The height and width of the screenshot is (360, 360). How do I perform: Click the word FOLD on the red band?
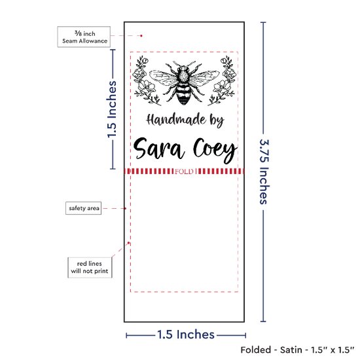[x=184, y=171]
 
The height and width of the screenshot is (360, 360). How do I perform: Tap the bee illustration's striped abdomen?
[x=183, y=95]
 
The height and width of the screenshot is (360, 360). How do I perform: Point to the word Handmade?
[x=176, y=120]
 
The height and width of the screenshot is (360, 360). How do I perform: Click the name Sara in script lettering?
[x=159, y=149]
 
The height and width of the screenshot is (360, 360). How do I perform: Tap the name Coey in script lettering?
[x=215, y=151]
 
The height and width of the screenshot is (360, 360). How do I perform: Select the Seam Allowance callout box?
[x=84, y=37]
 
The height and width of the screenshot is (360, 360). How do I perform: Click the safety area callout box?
[x=84, y=208]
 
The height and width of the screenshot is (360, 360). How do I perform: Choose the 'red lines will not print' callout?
[x=90, y=268]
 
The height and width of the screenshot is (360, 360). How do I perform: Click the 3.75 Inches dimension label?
[x=264, y=171]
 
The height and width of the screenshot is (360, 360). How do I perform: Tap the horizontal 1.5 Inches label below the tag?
[x=186, y=334]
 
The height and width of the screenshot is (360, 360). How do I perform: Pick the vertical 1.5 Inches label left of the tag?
[x=112, y=109]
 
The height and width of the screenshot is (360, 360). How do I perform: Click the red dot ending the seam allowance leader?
[x=141, y=36]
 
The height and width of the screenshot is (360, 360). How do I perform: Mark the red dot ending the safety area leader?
[x=126, y=208]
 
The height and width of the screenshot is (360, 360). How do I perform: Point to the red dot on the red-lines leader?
[x=128, y=243]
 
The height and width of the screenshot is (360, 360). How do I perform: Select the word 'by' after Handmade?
[x=217, y=121]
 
